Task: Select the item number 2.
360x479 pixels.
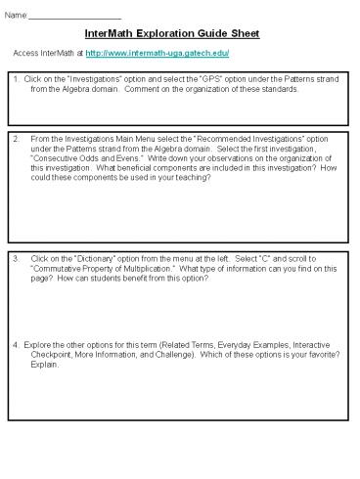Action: (x=16, y=139)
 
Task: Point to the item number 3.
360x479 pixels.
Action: (x=16, y=258)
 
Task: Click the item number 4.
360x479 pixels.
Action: (x=16, y=345)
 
